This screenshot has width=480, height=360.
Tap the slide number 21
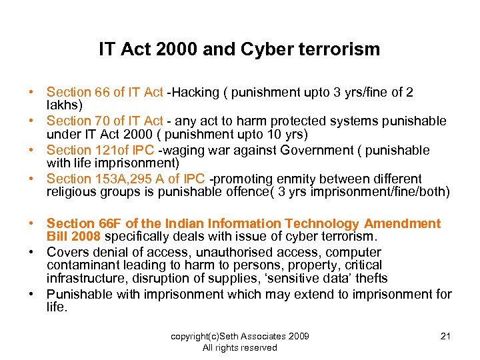446,336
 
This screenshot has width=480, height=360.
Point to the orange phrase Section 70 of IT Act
105,121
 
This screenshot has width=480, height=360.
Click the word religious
72,192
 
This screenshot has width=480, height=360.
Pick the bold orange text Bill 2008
73,237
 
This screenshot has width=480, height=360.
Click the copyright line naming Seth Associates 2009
239,336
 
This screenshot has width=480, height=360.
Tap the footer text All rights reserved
239,347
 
